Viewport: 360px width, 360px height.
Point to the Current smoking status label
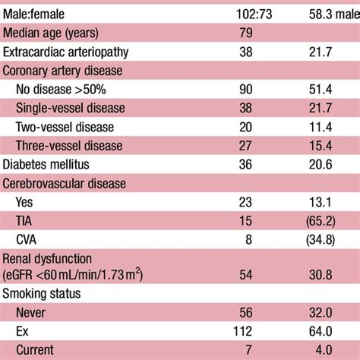36,349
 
